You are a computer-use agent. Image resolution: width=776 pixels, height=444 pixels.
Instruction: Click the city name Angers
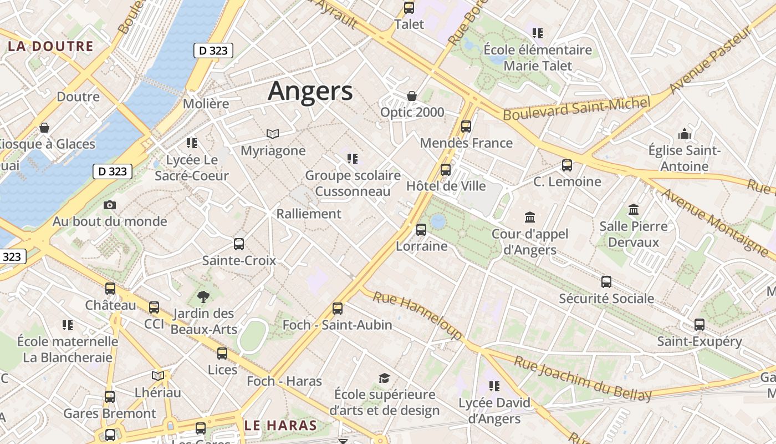click(310, 91)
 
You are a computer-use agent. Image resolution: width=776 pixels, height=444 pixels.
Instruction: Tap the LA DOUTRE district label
click(50, 46)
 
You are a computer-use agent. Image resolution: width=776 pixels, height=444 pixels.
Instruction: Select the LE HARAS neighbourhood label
click(280, 426)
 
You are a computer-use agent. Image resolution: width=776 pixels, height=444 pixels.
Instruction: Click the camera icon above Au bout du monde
click(110, 205)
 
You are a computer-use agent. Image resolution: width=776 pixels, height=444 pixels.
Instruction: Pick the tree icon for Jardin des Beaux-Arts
click(203, 297)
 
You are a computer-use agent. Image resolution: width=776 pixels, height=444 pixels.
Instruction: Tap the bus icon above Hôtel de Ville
click(446, 170)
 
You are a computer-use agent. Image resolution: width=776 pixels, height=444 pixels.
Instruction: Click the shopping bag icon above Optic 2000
click(412, 96)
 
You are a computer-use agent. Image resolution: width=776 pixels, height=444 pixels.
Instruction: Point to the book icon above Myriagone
click(273, 134)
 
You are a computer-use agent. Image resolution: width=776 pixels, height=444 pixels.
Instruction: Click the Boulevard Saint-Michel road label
click(576, 108)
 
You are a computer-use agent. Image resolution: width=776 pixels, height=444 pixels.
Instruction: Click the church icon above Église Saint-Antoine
click(685, 134)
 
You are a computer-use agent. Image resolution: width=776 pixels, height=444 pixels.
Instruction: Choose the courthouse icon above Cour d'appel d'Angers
click(530, 217)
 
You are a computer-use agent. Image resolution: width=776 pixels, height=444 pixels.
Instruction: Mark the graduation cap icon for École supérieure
click(384, 379)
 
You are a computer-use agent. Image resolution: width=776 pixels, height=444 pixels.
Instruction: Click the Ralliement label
click(309, 214)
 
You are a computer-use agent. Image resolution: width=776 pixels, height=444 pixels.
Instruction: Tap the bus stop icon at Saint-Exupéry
click(700, 325)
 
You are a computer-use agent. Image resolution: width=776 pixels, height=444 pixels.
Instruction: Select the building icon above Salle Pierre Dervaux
click(634, 210)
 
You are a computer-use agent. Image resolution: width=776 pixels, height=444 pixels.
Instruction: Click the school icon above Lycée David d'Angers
click(494, 386)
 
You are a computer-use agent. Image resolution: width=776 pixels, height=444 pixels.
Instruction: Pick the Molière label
click(206, 104)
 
